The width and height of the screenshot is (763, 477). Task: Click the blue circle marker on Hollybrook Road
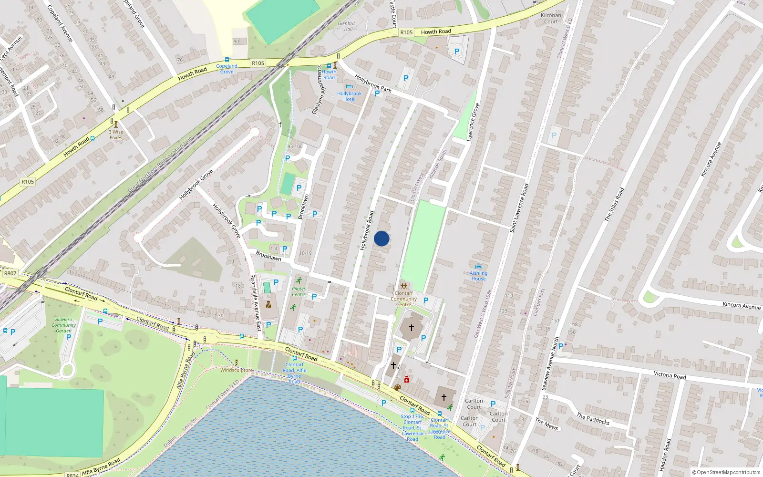[x=381, y=238]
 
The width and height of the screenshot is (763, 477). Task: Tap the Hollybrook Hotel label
[x=349, y=96]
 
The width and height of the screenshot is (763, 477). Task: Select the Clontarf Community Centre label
[x=403, y=299]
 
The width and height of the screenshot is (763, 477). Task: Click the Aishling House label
[x=478, y=276]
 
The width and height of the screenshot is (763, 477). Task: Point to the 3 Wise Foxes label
[x=116, y=135]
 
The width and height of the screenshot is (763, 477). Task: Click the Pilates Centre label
[x=299, y=291]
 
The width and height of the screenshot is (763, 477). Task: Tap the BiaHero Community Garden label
[x=64, y=325]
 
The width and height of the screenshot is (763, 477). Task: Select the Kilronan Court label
[x=551, y=19]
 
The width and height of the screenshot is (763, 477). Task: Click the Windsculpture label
[x=237, y=370]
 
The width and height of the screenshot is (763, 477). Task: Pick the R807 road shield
[x=10, y=273]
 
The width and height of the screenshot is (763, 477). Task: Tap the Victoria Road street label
[x=670, y=375]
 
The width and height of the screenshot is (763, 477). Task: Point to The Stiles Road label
[x=614, y=204]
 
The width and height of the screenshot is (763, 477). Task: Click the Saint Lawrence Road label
[x=519, y=208]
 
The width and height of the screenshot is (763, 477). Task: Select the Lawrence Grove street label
[x=473, y=122]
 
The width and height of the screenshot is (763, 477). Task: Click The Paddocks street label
[x=593, y=419]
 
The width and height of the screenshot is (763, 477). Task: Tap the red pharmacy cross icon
[x=407, y=380]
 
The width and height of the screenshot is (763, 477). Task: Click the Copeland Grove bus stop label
[x=227, y=69]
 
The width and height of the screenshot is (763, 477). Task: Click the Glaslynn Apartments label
[x=317, y=91]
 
